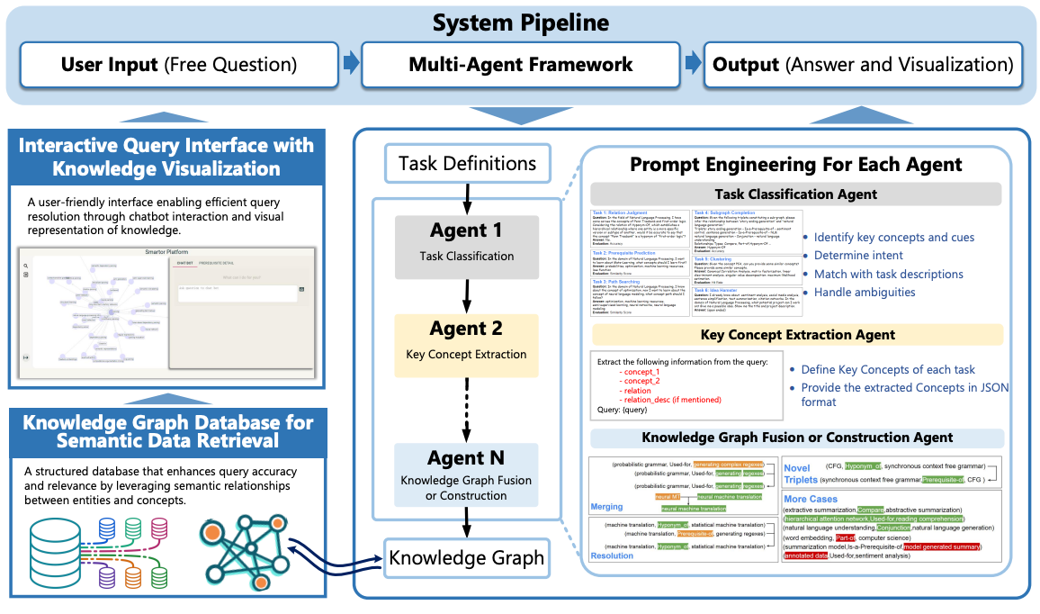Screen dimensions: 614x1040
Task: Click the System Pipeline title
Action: [x=520, y=23]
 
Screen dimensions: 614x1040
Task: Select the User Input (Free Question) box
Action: [x=178, y=65]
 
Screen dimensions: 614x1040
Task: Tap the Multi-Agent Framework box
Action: [x=521, y=65]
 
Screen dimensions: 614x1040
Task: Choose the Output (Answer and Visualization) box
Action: [x=862, y=65]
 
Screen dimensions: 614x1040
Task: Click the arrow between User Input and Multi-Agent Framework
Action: [x=351, y=64]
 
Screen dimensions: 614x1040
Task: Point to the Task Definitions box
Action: [x=467, y=164]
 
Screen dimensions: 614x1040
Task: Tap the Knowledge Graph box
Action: [x=466, y=557]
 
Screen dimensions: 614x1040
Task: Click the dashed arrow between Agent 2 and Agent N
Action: [x=467, y=405]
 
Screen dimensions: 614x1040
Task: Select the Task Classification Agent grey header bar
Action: [x=795, y=194]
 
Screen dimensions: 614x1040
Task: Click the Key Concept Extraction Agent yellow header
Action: [x=795, y=335]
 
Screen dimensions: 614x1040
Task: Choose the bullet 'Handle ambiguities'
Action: [x=864, y=292]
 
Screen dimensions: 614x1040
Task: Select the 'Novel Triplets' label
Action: [x=802, y=474]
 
